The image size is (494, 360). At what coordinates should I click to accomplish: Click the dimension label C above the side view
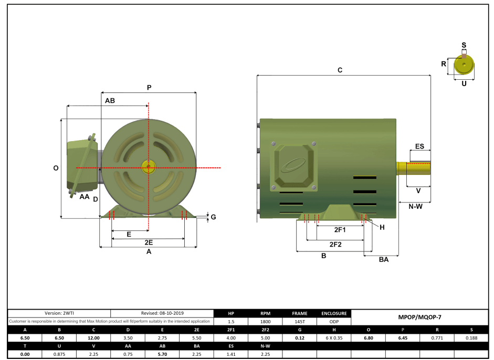coord(340,70)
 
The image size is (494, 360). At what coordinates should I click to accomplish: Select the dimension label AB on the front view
coord(110,100)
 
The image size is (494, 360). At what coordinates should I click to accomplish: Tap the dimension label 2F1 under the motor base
coord(340,230)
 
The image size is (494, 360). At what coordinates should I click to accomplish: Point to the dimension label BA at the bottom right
coord(383,260)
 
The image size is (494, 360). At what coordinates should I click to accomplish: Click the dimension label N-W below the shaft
coord(415,206)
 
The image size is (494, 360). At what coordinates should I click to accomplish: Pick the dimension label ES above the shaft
coord(419,146)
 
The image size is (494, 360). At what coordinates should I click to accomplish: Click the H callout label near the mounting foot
coord(382,227)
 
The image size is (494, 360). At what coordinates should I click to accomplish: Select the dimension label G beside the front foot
coord(213,217)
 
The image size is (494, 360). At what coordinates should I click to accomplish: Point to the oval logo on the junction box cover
coord(293,167)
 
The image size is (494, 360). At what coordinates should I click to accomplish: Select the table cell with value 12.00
coord(93,337)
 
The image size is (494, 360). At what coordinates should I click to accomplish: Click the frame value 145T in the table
coord(300,321)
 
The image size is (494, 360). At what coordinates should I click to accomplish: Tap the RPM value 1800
coord(266,321)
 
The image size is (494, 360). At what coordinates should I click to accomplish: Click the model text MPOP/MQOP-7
coord(421,317)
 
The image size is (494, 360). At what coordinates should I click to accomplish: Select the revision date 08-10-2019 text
coord(162,313)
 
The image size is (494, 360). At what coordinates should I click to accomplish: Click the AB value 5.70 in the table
coord(162,354)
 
